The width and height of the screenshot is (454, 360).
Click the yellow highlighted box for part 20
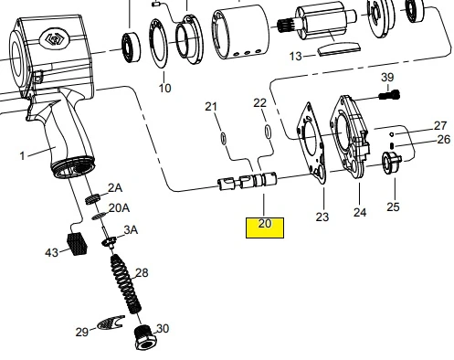coord(265,228)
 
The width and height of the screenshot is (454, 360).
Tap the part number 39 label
coord(387,78)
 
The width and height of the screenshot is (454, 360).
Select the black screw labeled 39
coord(389,96)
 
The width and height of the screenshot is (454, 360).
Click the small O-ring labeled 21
coord(223,137)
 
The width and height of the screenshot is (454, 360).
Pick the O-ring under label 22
coord(268,132)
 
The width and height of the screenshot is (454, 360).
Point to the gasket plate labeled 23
coord(311,143)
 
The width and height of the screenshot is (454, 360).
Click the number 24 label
coord(360,212)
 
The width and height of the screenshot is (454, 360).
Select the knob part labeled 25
coord(391,163)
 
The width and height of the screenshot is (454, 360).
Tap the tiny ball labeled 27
coord(392,134)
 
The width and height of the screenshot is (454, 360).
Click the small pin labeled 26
coord(392,146)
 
